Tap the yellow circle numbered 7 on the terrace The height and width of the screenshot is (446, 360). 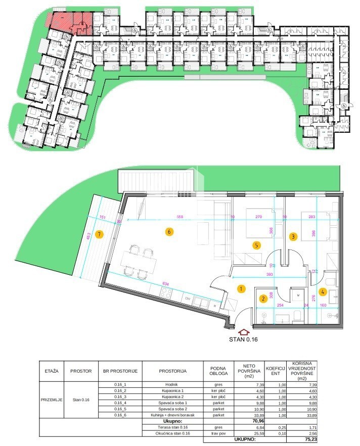pyautogui.click(x=100, y=234)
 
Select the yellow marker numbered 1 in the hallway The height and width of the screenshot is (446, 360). pyautogui.click(x=242, y=289)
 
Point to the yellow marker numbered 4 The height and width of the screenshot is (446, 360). pyautogui.click(x=323, y=291)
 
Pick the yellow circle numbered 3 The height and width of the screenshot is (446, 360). pyautogui.click(x=293, y=236)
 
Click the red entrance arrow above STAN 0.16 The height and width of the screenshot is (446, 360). pyautogui.click(x=244, y=332)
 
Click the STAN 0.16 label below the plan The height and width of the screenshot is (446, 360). pyautogui.click(x=244, y=339)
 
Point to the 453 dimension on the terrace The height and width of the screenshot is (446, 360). pyautogui.click(x=88, y=237)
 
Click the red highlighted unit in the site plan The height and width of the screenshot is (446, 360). pyautogui.click(x=71, y=22)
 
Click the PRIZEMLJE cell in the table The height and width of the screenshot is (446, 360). pyautogui.click(x=52, y=400)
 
